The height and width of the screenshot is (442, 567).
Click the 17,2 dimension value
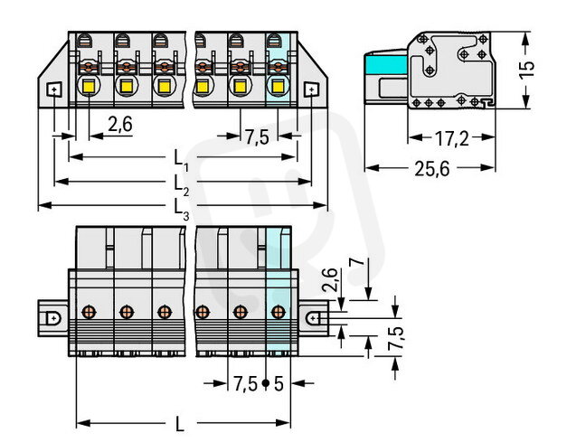[449, 138]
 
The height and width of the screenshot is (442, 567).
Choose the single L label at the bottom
[182, 423]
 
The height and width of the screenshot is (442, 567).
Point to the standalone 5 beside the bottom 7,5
[278, 383]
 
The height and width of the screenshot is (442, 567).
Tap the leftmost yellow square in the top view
[90, 88]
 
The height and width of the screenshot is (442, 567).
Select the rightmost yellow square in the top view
[279, 88]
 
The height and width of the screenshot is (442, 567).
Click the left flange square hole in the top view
[53, 89]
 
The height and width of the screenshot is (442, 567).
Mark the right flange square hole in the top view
[313, 89]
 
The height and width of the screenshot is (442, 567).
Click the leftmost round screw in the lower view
[89, 313]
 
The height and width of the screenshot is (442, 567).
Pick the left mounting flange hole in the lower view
[53, 318]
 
